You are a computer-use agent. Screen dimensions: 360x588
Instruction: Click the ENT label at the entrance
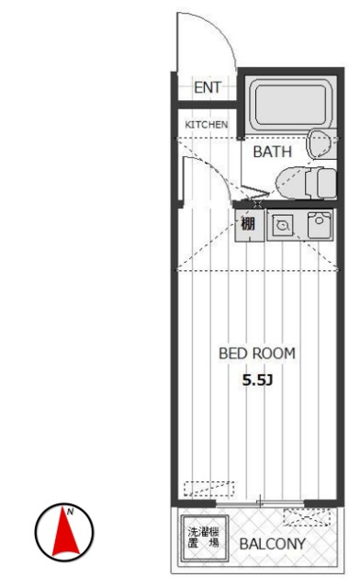[208, 87]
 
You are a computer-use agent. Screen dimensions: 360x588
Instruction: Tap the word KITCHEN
[207, 125]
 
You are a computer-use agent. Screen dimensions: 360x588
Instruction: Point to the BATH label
[272, 152]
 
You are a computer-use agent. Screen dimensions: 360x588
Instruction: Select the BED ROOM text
[257, 353]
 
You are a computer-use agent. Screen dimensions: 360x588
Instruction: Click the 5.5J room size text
[257, 380]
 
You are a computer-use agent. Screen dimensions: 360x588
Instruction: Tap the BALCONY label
[273, 544]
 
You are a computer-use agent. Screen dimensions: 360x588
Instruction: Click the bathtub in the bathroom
[290, 104]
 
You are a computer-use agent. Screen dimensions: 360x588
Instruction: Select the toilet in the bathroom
[306, 184]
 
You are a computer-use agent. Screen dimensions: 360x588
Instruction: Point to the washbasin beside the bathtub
[319, 144]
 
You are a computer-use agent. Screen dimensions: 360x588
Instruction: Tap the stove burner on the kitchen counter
[282, 225]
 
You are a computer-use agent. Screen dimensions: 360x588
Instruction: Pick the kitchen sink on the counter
[320, 225]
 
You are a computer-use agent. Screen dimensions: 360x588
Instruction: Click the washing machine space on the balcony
[205, 538]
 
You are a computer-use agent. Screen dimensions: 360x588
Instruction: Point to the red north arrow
[65, 531]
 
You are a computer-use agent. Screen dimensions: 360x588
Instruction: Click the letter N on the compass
[70, 511]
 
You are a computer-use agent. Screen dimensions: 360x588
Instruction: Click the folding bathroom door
[255, 194]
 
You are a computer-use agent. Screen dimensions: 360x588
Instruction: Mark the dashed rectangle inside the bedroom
[208, 489]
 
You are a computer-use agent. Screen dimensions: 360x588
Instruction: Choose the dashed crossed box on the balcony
[307, 517]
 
